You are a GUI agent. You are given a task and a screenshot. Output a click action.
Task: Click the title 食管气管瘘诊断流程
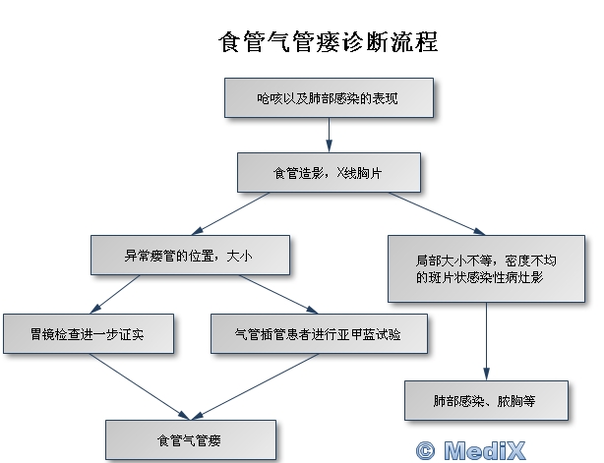pos(327,43)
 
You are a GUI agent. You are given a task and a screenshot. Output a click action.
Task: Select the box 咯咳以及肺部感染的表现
pos(328,98)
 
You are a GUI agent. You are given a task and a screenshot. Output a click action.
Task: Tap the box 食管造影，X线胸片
pos(329,174)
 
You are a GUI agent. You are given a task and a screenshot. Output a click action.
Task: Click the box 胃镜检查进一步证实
pos(89,333)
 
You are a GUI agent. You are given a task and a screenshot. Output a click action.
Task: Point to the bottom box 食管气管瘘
pos(191,438)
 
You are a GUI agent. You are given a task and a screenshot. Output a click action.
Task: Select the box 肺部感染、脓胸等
pos(487,401)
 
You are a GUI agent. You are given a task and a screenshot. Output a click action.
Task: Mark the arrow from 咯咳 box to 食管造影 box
pos(328,135)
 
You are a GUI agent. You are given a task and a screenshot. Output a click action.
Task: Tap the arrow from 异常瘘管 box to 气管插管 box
pos(275,294)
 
